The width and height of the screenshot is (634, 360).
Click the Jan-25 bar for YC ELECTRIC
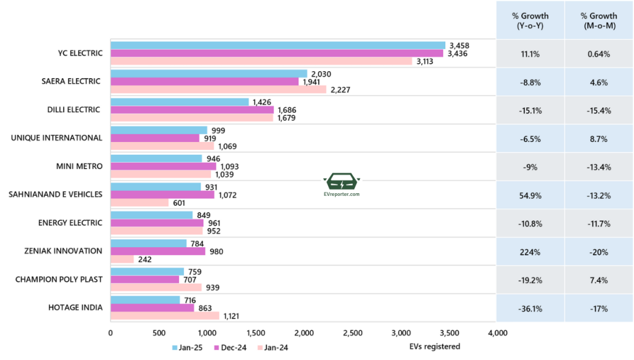tap(277, 45)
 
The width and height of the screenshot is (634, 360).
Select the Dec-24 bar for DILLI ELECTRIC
tap(192, 110)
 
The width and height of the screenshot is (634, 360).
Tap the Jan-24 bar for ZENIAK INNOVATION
tap(122, 259)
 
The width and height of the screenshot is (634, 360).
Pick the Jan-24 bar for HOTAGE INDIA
tap(165, 315)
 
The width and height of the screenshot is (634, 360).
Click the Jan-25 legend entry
tap(186, 347)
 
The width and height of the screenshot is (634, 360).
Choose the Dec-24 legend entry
tap(230, 347)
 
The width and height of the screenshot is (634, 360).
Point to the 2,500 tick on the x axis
tap(353, 333)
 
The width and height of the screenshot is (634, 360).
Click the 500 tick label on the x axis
tap(159, 333)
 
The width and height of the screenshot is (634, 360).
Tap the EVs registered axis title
tap(435, 346)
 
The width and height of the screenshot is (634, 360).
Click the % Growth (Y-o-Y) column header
tap(530, 20)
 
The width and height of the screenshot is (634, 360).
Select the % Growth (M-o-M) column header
tap(599, 20)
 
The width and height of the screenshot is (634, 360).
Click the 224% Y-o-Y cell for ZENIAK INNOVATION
tap(530, 252)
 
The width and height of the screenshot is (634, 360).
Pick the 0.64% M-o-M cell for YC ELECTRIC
tap(599, 54)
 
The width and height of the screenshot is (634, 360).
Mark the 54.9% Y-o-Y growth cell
tap(530, 196)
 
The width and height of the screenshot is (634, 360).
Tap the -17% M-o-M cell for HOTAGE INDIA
tap(599, 309)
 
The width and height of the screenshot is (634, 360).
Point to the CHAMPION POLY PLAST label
tap(59, 279)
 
